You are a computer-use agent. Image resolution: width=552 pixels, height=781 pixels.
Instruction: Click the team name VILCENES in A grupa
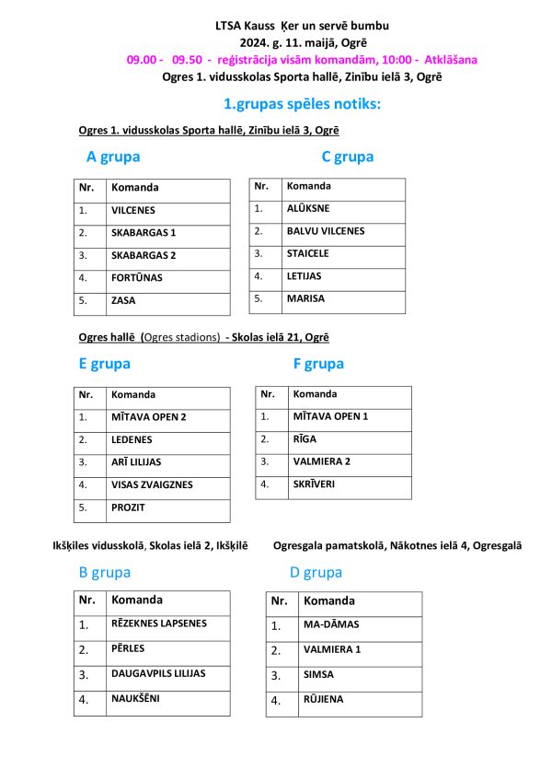(x=133, y=211)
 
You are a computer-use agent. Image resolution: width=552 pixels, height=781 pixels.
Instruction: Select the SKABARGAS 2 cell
(x=143, y=255)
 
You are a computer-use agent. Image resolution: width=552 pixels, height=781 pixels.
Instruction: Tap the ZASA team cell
(x=123, y=300)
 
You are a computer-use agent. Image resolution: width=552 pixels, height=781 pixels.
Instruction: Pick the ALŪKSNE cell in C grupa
(x=307, y=209)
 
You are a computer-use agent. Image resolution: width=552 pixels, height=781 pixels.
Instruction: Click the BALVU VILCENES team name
(x=325, y=231)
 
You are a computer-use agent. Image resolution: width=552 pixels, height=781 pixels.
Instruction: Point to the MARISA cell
(x=305, y=298)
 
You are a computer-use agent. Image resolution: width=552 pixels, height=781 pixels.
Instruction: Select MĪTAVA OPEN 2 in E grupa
(x=148, y=417)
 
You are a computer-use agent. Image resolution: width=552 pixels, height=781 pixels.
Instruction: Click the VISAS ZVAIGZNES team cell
(x=152, y=484)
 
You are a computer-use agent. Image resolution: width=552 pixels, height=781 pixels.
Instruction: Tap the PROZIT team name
(x=128, y=507)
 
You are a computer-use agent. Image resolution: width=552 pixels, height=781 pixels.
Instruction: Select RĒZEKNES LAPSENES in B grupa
(x=158, y=624)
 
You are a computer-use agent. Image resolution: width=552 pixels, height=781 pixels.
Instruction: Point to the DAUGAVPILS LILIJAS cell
(x=158, y=673)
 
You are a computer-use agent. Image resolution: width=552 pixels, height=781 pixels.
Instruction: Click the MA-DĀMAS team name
(x=324, y=625)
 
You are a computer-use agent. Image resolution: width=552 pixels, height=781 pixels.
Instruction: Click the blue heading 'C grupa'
(x=347, y=157)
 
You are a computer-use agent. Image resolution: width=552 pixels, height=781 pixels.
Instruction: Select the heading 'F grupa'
(x=318, y=364)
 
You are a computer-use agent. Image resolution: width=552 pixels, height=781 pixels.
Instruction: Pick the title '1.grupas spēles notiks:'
(x=302, y=104)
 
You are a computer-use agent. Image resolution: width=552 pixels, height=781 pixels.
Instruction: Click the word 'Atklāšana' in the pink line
(x=451, y=60)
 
